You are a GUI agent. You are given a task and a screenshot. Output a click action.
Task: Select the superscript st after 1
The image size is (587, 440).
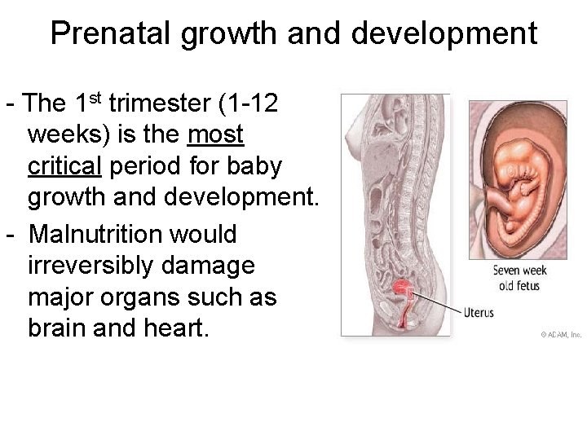coord(95,99)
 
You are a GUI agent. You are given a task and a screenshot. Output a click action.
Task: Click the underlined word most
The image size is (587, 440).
coord(216,134)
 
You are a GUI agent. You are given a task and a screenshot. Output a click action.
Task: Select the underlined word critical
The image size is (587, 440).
coord(64,166)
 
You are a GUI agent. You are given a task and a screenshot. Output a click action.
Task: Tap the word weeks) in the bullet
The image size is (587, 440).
coord(66,134)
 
